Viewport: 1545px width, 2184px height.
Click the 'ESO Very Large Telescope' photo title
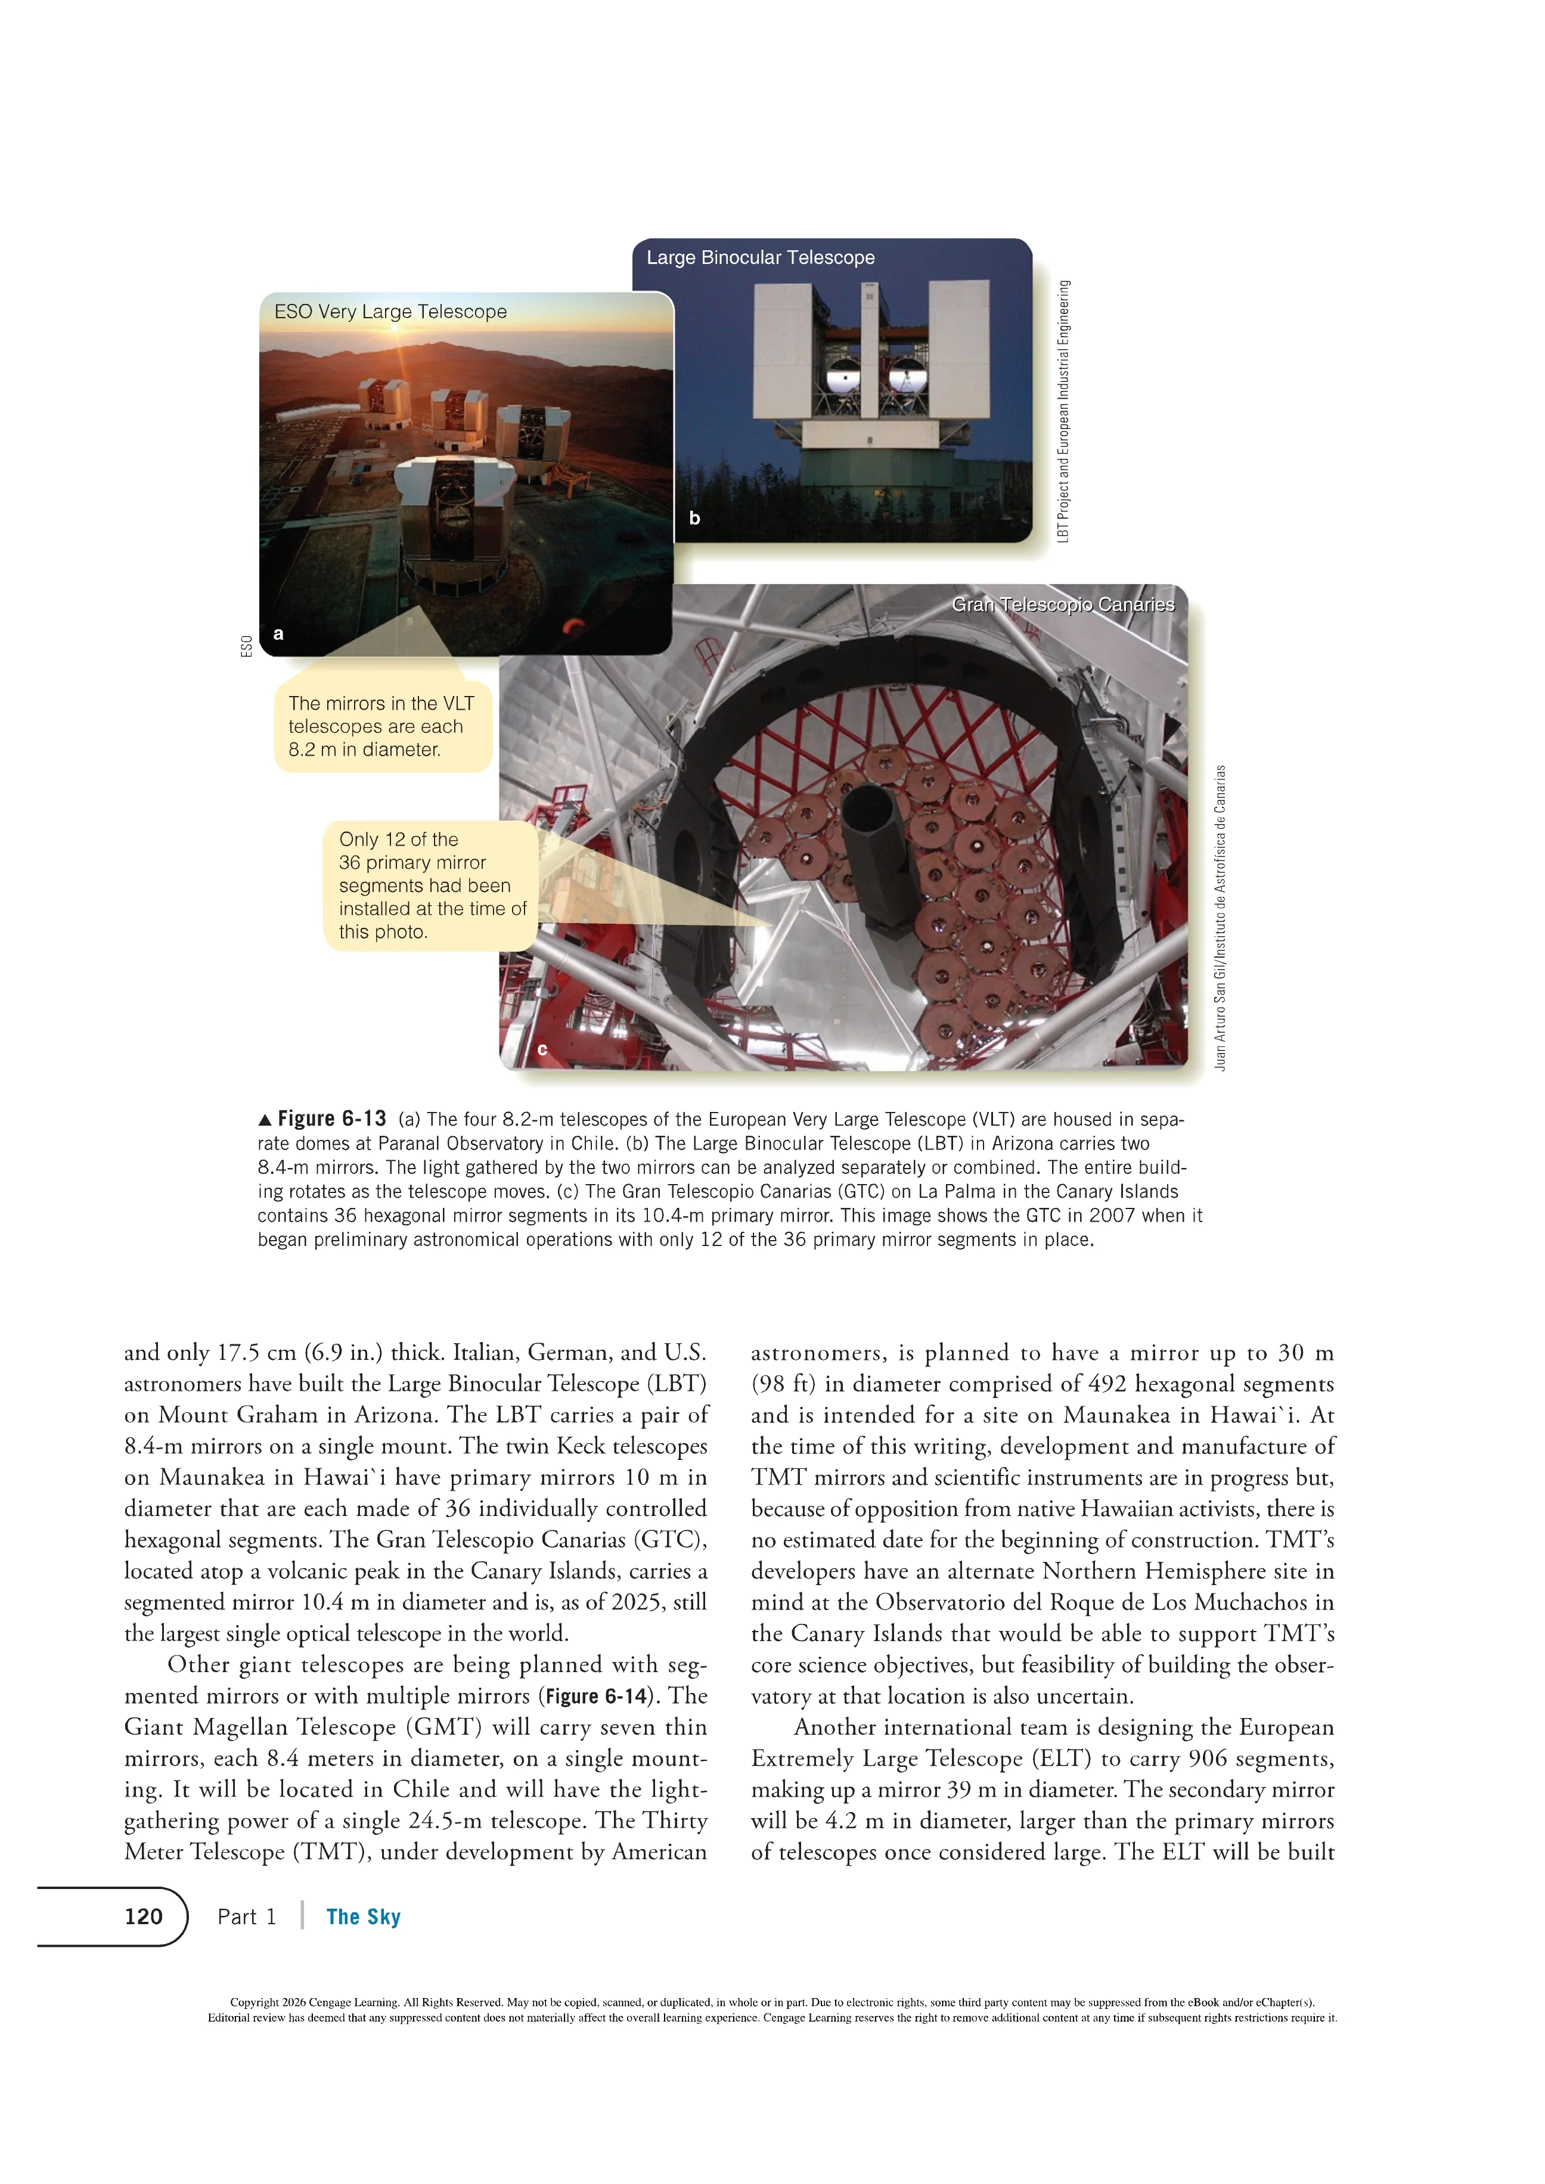click(x=390, y=312)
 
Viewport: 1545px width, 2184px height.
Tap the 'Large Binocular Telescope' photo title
click(x=760, y=258)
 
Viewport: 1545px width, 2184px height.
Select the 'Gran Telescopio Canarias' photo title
click(x=1063, y=605)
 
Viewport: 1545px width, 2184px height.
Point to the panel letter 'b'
click(x=694, y=518)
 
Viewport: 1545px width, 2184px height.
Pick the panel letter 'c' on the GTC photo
click(x=542, y=1049)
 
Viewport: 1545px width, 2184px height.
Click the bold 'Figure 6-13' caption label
click(x=331, y=1119)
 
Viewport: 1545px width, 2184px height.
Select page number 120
click(x=144, y=1916)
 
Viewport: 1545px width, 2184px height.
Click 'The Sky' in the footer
click(x=364, y=1916)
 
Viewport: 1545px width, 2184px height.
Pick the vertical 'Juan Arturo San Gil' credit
click(x=1221, y=918)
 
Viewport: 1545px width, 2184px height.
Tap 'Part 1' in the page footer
click(x=246, y=1916)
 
